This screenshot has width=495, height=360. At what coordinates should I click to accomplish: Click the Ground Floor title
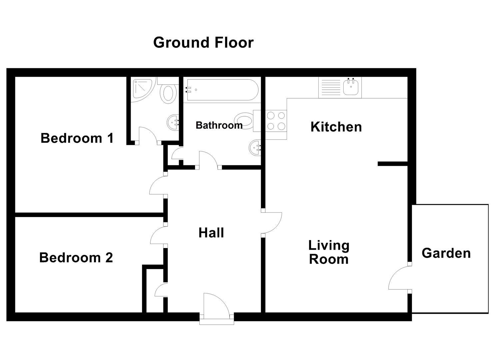click(203, 42)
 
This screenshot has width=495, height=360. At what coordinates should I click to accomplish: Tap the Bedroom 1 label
click(77, 138)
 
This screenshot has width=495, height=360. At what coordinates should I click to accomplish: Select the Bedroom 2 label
click(76, 257)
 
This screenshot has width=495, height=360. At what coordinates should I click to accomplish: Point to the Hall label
click(211, 233)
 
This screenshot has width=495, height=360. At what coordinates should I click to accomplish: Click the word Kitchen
click(336, 127)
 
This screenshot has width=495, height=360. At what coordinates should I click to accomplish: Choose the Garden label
click(446, 253)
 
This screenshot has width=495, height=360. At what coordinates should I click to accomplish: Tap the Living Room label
click(329, 252)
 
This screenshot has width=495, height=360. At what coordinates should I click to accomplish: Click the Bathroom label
click(219, 125)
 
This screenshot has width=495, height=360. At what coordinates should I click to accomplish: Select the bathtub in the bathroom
click(222, 90)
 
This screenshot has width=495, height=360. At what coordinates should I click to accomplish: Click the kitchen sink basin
click(351, 87)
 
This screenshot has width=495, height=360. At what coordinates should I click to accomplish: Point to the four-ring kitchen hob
click(276, 121)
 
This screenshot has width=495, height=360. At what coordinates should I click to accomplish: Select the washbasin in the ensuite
click(173, 122)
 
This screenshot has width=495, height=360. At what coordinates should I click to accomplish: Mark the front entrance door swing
click(218, 305)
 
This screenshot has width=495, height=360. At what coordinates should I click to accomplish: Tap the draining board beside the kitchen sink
click(331, 87)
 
